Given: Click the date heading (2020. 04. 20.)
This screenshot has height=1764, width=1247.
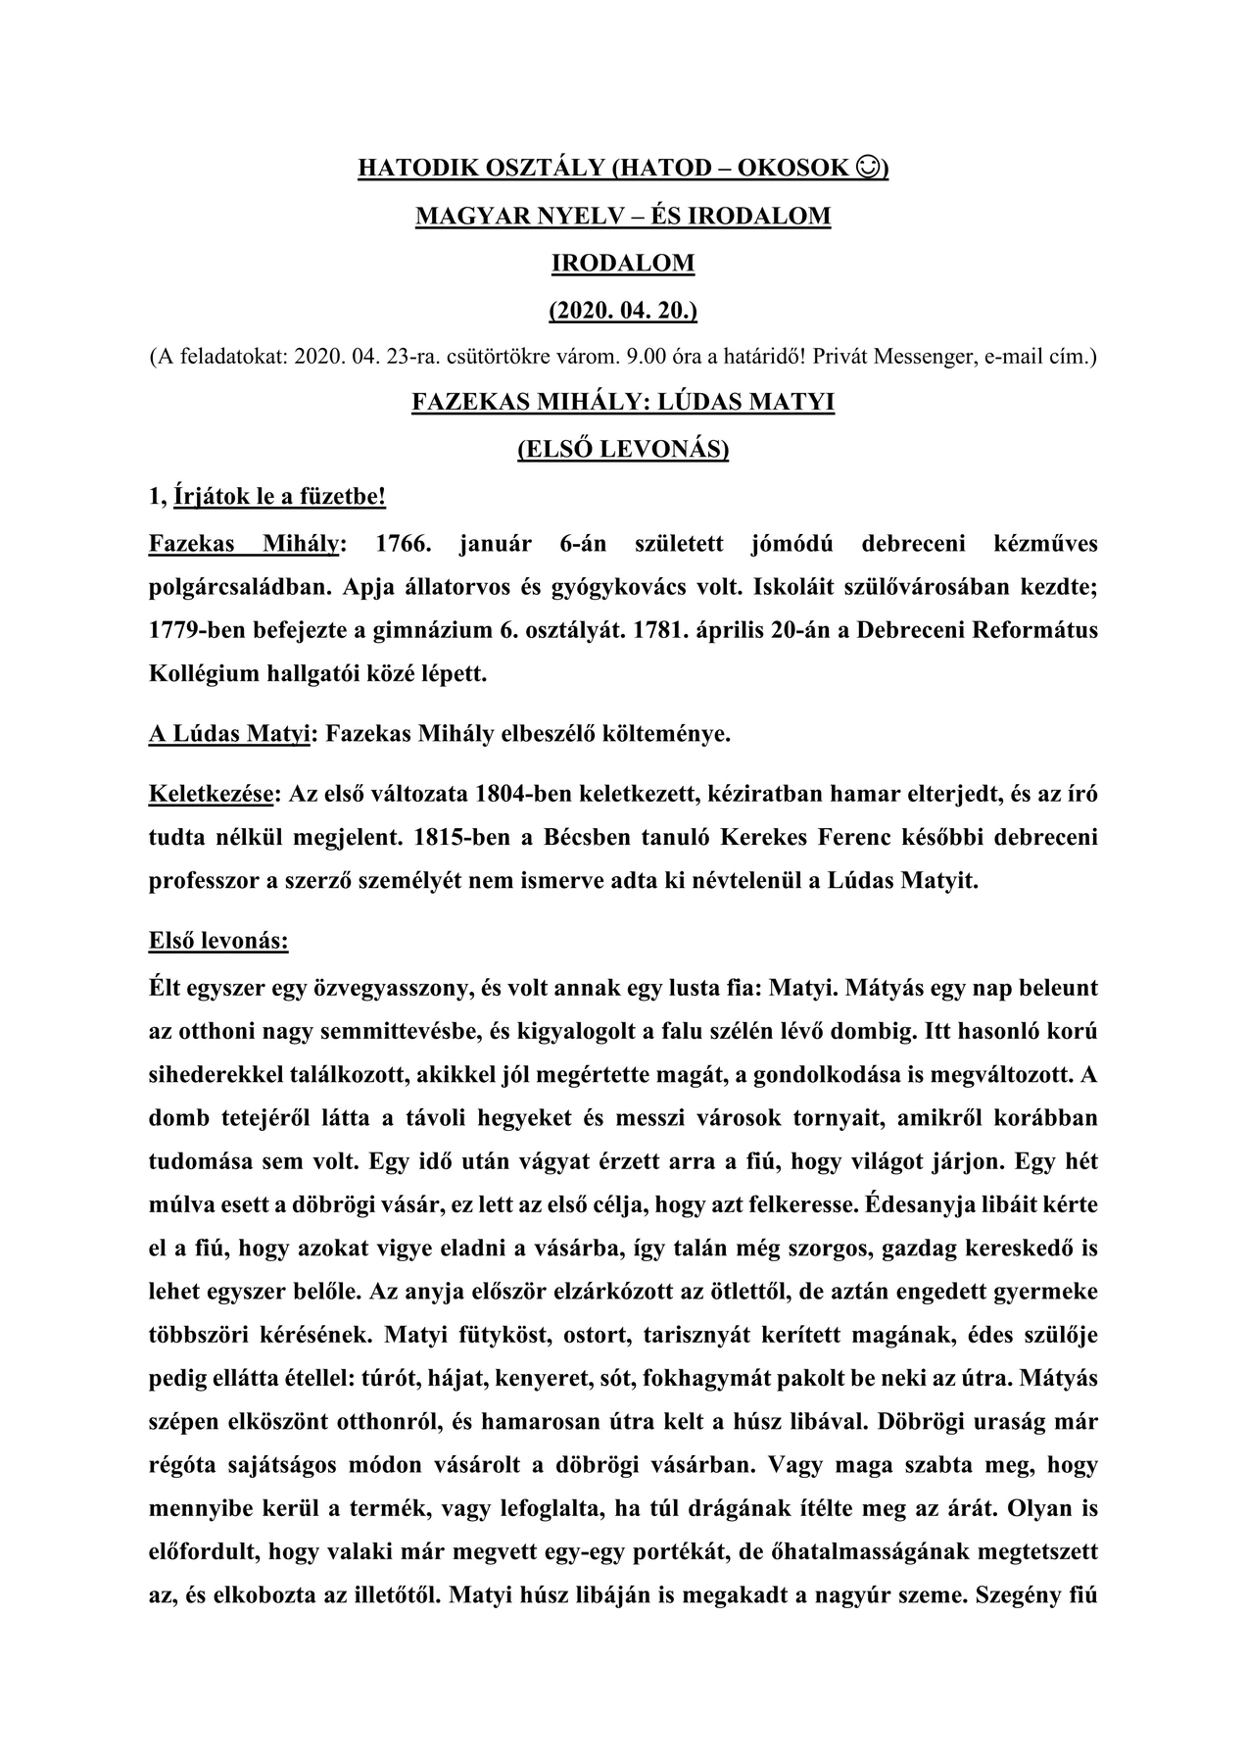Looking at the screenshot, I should coord(623,311).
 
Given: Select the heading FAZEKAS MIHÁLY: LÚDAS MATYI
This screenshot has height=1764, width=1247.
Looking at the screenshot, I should coord(623,403).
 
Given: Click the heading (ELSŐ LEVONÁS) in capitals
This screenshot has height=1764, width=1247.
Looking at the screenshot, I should coord(623,450).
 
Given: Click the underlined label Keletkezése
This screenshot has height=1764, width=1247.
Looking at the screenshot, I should coord(210,794).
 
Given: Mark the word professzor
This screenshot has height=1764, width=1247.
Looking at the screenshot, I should coord(203,881).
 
